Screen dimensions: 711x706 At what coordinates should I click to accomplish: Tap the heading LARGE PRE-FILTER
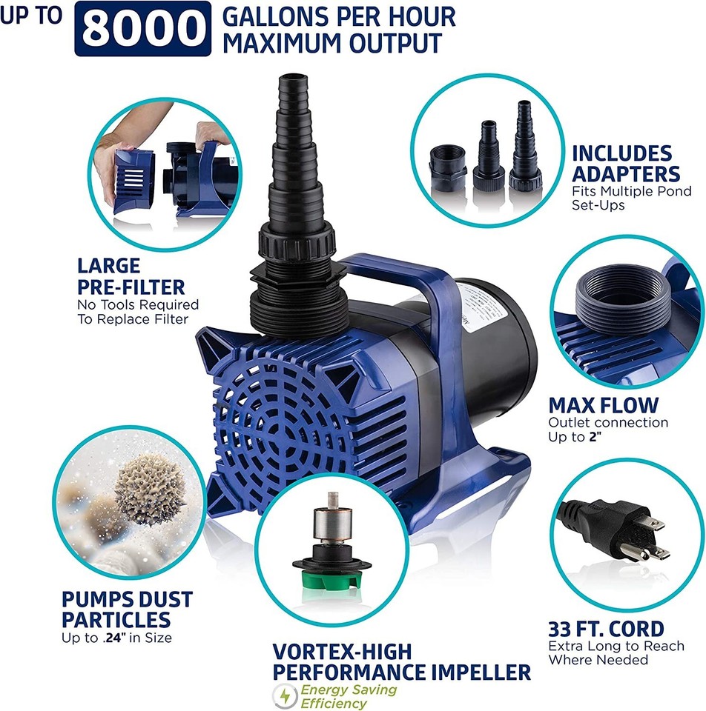click(131, 276)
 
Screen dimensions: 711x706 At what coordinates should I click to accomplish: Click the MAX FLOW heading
click(603, 405)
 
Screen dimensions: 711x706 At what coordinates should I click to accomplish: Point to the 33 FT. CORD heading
click(605, 630)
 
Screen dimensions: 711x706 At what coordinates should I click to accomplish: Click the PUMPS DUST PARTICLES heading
click(127, 609)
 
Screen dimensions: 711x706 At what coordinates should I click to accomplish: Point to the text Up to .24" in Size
click(117, 638)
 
